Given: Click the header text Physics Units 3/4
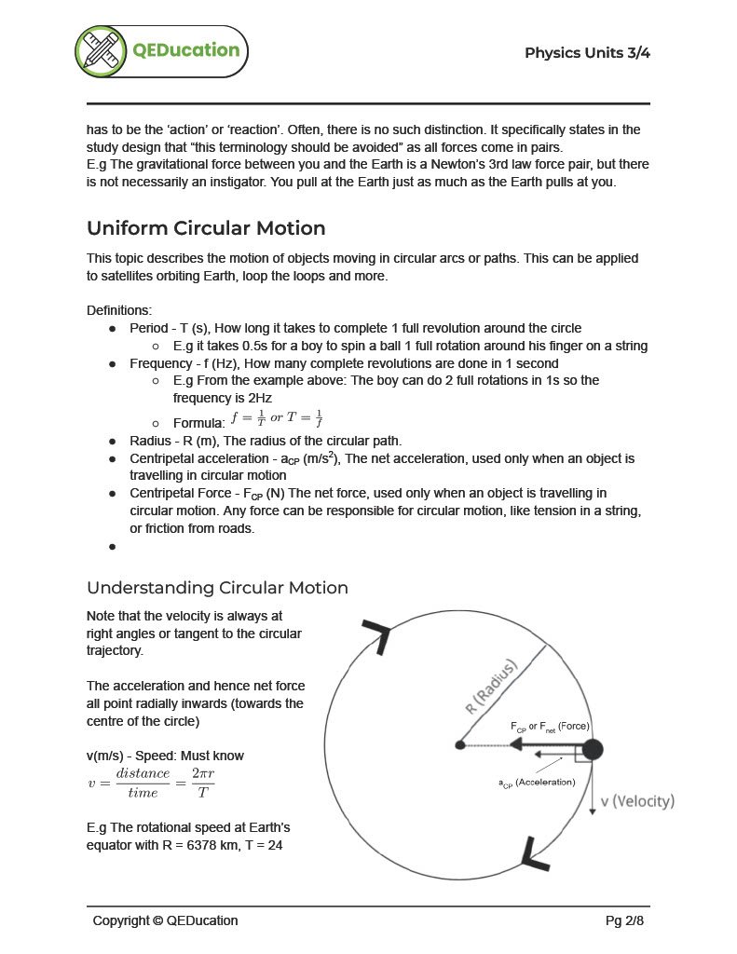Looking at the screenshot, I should (x=587, y=52).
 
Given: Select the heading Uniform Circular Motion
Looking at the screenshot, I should (x=206, y=228).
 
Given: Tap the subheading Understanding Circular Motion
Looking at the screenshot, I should (x=217, y=588).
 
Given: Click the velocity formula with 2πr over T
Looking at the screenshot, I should (x=151, y=783).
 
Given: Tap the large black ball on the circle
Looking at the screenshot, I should (x=592, y=749).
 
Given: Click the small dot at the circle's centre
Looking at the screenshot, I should (x=460, y=745).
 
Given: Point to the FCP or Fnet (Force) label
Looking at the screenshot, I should (x=550, y=726).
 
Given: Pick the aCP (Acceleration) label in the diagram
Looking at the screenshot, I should (x=537, y=782).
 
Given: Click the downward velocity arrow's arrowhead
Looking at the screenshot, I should (x=592, y=812).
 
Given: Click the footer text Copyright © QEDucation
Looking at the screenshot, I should (x=165, y=920).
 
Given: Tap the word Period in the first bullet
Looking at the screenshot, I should (x=149, y=328).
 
